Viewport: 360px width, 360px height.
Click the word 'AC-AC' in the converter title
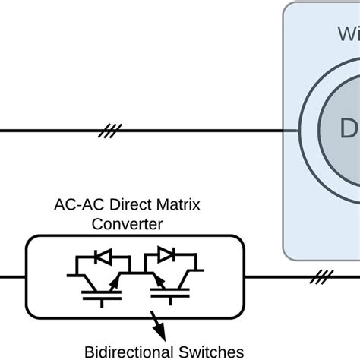tap(73, 206)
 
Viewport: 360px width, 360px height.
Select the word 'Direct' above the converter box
tap(122, 206)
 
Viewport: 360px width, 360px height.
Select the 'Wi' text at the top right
tap(349, 33)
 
